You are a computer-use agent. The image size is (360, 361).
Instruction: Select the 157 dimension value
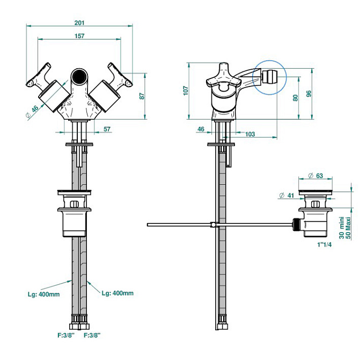click(x=79, y=35)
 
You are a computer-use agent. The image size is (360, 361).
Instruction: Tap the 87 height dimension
click(x=141, y=96)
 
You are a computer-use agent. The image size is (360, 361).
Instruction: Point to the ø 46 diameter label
click(x=33, y=110)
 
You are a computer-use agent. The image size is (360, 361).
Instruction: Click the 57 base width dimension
click(x=107, y=129)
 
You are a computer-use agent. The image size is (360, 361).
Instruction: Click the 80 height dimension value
click(x=295, y=98)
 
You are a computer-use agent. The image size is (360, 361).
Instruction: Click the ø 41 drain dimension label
click(x=286, y=195)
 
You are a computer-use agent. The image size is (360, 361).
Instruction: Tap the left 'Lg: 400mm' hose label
click(x=43, y=293)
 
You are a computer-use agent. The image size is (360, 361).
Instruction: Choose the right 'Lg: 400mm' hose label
click(x=117, y=293)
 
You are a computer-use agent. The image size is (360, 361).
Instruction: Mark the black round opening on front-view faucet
click(x=79, y=75)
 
